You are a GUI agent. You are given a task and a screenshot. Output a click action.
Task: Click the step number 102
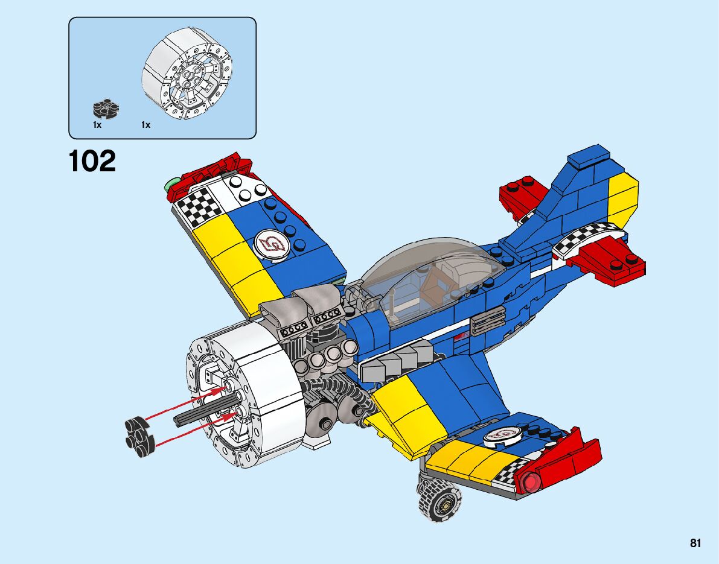[x=92, y=161]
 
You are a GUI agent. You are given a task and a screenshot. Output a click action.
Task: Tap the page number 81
[x=695, y=543]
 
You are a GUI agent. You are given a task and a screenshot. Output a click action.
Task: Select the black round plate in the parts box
[x=106, y=109]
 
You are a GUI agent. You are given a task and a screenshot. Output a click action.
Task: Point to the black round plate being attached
[x=139, y=433]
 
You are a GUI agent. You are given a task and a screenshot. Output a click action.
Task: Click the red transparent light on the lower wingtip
[x=531, y=482]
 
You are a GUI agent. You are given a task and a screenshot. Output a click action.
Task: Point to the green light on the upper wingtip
[x=171, y=182]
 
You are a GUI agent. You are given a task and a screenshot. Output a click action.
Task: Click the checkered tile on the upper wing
[x=200, y=207]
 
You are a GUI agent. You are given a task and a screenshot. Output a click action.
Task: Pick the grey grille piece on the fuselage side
[x=487, y=320]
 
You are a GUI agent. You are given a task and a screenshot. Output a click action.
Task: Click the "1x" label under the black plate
[x=97, y=125]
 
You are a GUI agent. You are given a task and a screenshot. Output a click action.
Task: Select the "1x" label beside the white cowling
[x=145, y=125]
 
